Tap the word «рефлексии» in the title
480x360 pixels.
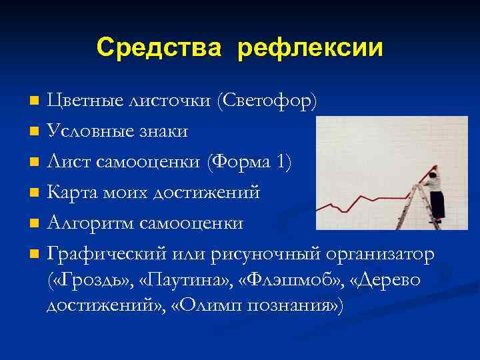[310, 47]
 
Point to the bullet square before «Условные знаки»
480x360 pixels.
[35, 132]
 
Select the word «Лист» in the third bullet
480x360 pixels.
[65, 162]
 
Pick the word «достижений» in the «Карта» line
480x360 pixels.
[208, 193]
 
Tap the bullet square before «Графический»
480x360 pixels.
[35, 255]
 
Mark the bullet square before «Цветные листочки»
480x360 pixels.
[35, 102]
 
